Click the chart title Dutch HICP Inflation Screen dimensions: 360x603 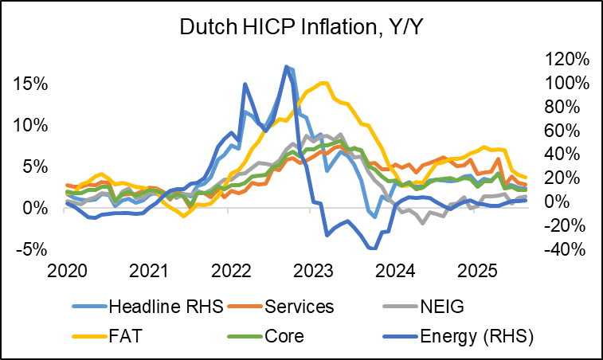(301, 26)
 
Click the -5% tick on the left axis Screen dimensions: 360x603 (31, 249)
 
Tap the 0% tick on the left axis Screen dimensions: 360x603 (34, 208)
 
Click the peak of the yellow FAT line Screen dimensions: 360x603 (323, 83)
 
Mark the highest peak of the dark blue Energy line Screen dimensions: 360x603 (287, 66)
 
